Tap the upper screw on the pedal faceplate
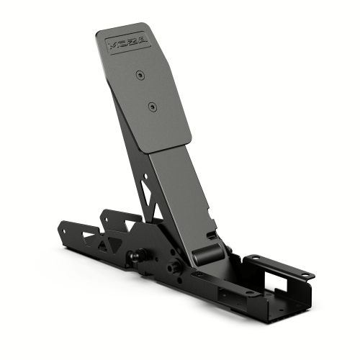[x=139, y=73]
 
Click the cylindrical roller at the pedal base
[x=206, y=253]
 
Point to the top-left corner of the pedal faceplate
[x=99, y=33]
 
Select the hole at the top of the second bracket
[x=109, y=214]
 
